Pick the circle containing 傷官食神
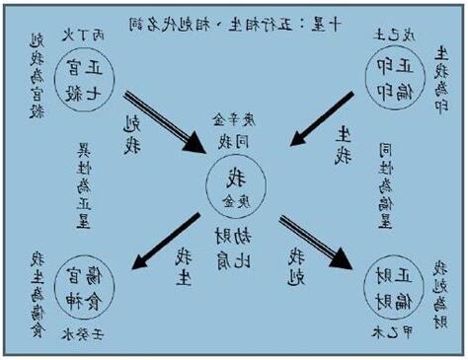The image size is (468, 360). [x=81, y=282]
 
